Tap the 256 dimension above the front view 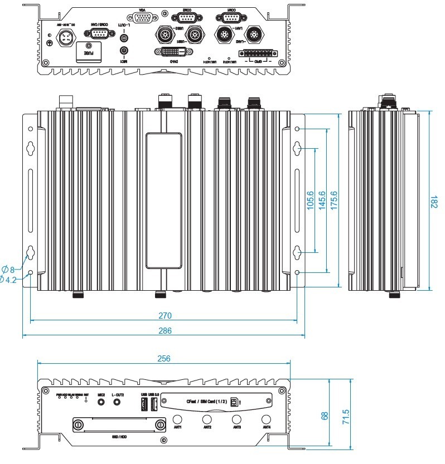[x=163, y=358]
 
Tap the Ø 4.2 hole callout [x=8, y=279]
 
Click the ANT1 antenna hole [x=178, y=418]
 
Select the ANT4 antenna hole [x=266, y=418]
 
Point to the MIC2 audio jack [x=101, y=402]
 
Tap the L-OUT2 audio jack [x=117, y=402]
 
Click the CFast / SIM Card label [x=205, y=400]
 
